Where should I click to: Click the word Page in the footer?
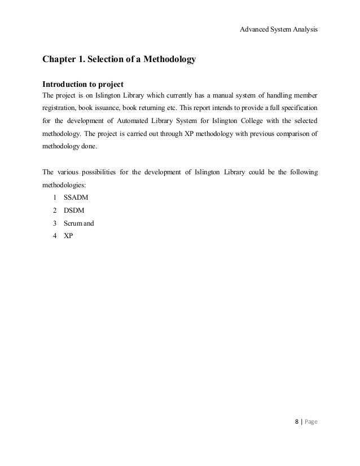[x=309, y=421]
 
